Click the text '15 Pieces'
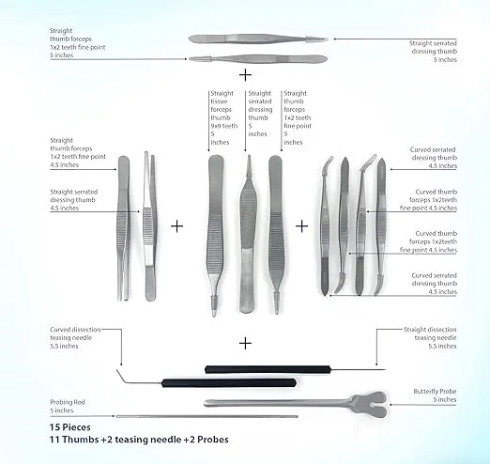(x=73, y=427)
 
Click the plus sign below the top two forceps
(x=246, y=73)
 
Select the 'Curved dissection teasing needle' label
(x=75, y=338)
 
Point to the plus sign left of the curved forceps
(x=302, y=225)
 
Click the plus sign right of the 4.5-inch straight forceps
(x=176, y=225)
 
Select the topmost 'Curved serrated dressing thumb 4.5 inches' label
(x=433, y=157)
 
